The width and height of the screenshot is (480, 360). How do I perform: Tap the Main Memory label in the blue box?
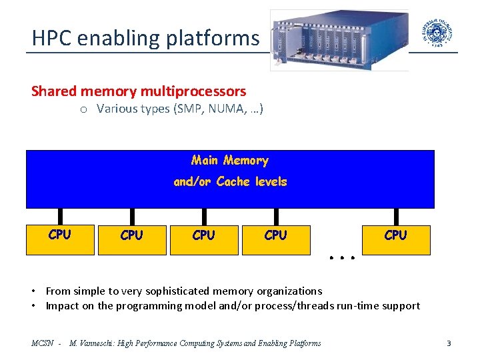tap(230, 160)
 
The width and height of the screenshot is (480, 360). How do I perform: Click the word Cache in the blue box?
tap(235, 181)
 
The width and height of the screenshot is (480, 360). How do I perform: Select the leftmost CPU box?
tap(60, 239)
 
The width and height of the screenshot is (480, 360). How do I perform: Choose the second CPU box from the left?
tap(132, 239)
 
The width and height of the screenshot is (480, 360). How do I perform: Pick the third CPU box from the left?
tap(204, 239)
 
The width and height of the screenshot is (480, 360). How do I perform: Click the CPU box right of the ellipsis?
tap(396, 239)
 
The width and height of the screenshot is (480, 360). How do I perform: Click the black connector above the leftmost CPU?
tap(60, 217)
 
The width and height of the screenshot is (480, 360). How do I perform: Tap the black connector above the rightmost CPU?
tap(396, 217)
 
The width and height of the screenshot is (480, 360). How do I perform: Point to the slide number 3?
tap(449, 343)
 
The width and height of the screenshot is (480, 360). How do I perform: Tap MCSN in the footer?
tap(42, 343)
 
